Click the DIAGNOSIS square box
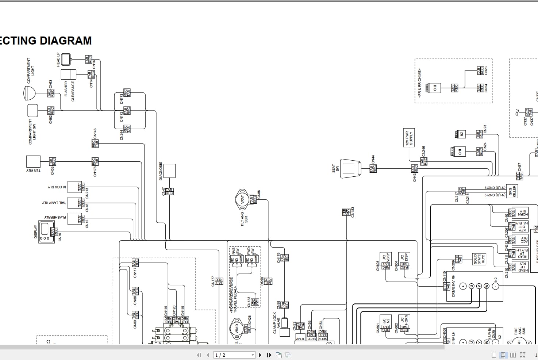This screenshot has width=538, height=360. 169,171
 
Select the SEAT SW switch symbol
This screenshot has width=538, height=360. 350,168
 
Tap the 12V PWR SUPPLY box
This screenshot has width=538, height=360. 409,138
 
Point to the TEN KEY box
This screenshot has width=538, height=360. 33,161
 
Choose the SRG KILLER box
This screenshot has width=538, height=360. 512,191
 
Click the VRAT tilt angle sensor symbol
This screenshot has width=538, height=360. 242,199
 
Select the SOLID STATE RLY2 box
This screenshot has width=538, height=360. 479,259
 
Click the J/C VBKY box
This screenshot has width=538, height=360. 386,258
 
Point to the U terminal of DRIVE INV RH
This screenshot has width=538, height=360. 471,286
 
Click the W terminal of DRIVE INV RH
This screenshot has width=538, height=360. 487,286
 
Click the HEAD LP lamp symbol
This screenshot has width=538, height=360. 66,59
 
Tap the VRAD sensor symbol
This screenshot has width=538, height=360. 236,328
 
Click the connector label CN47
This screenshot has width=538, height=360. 164,192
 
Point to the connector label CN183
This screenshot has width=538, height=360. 353,212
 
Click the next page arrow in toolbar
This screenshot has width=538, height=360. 260,355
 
